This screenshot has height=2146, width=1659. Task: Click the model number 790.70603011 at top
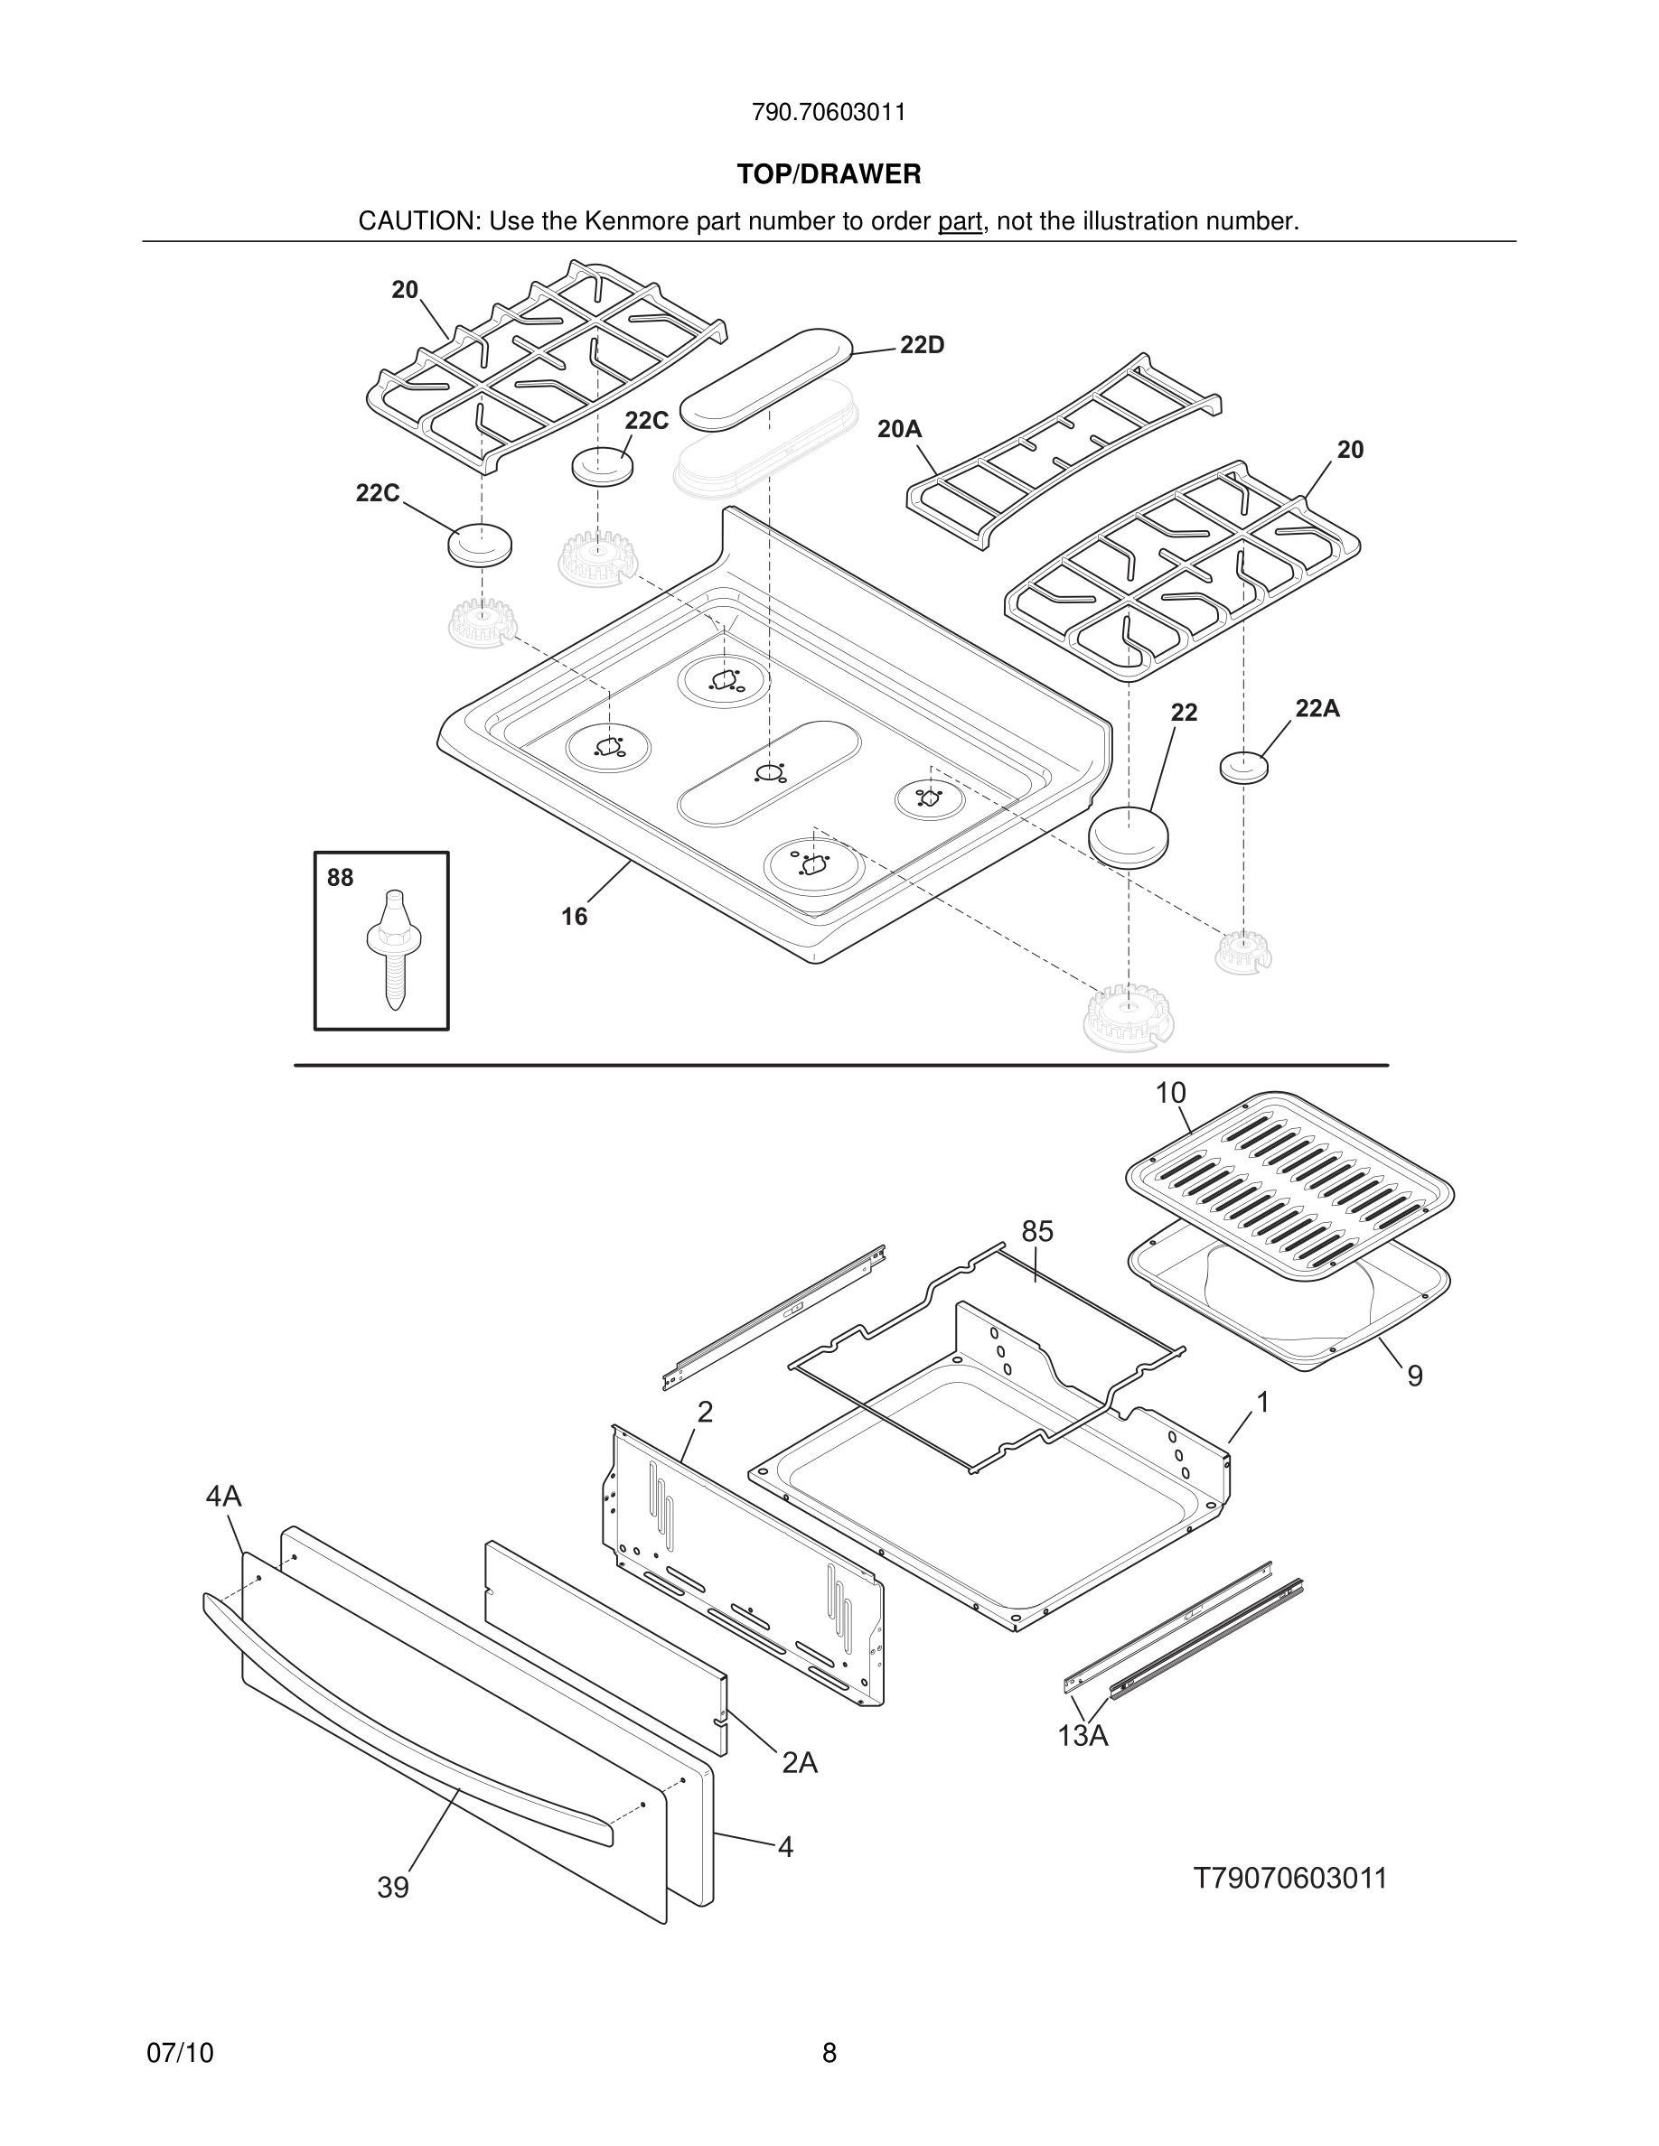[x=829, y=113]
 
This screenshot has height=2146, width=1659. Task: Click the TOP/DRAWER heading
[x=829, y=175]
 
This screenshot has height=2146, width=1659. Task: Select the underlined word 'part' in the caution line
[x=960, y=222]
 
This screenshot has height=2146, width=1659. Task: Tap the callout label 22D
[x=922, y=345]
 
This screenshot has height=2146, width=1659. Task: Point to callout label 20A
[x=899, y=429]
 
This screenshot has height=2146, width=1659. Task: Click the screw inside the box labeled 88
[x=392, y=948]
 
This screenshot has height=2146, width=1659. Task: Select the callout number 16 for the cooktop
[x=574, y=917]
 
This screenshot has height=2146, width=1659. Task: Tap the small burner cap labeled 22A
[x=1243, y=767]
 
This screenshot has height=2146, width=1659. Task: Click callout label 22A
[x=1317, y=708]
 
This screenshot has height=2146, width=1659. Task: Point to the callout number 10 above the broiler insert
[x=1169, y=1093]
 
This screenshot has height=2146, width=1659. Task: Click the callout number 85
[x=1037, y=1231]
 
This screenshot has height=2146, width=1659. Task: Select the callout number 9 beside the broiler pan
[x=1414, y=1376]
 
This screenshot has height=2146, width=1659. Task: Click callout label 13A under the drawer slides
[x=1083, y=1736]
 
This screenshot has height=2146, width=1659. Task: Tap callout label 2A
[x=799, y=1763]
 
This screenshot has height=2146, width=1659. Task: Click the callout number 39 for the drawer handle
[x=392, y=1888]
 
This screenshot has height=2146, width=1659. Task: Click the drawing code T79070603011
[x=1289, y=1878]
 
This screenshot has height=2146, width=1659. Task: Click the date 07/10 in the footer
[x=180, y=2053]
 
